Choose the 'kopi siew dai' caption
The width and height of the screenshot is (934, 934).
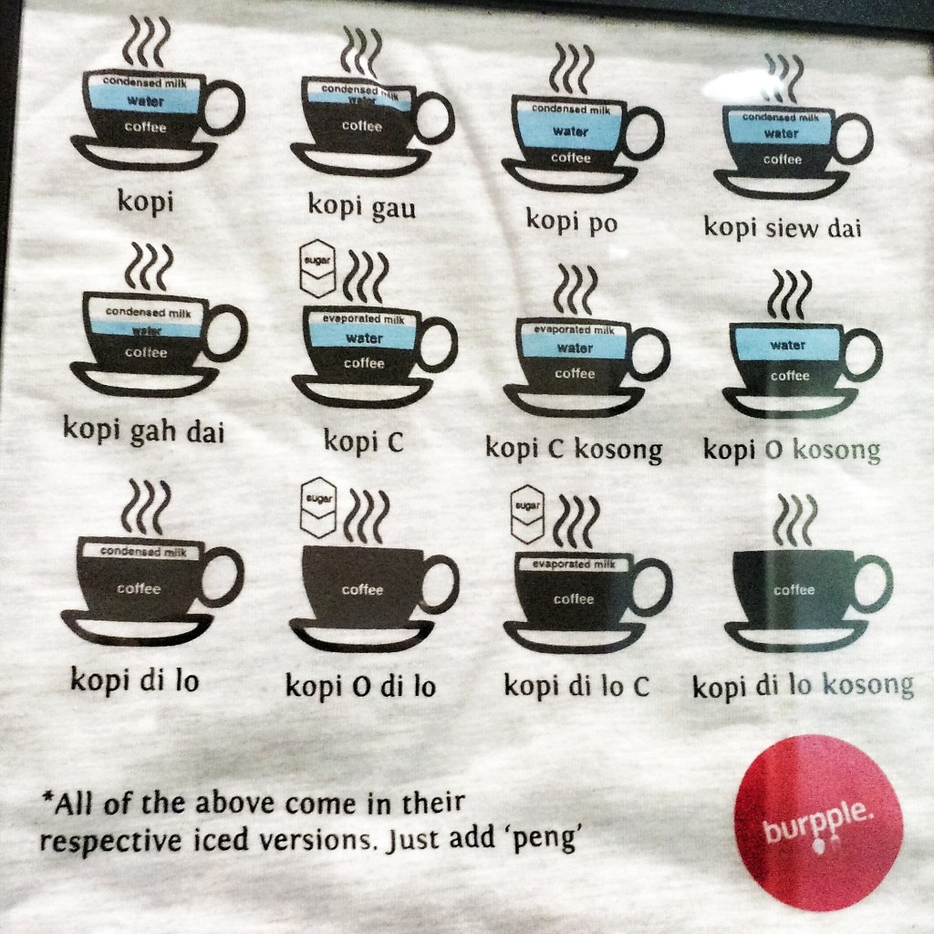click(783, 226)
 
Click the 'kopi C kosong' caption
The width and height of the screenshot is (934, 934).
click(574, 449)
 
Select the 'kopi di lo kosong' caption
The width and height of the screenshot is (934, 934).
click(803, 686)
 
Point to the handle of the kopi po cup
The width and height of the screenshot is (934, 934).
click(643, 132)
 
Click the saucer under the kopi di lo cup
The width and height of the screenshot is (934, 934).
click(137, 628)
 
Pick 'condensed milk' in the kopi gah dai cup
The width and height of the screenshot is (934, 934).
click(146, 311)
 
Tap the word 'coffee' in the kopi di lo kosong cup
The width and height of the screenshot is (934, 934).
click(794, 589)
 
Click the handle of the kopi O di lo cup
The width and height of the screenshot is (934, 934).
click(438, 584)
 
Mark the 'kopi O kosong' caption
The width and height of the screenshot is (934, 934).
click(792, 450)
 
